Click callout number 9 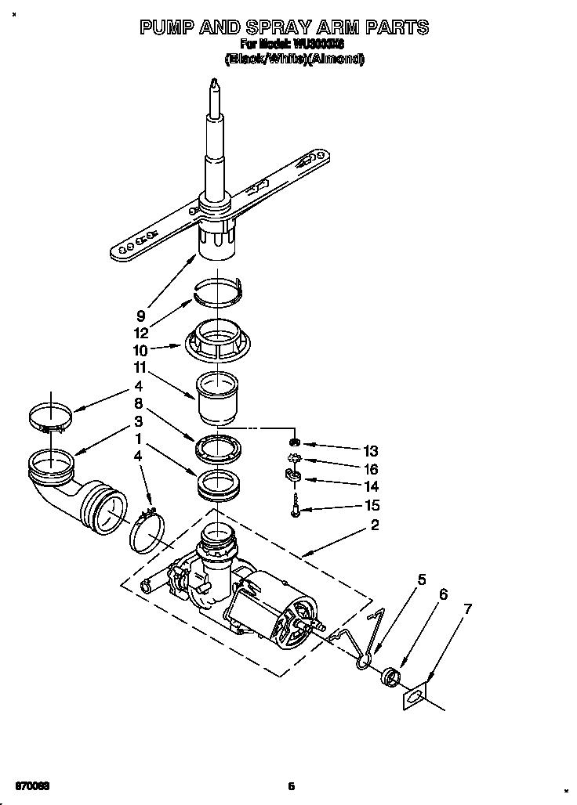pos(140,316)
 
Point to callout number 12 pos(140,333)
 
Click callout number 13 pos(370,451)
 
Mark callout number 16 pos(370,469)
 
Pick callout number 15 pos(370,505)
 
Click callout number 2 pos(375,525)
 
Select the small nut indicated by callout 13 pos(296,443)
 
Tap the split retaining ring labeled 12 pos(220,291)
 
